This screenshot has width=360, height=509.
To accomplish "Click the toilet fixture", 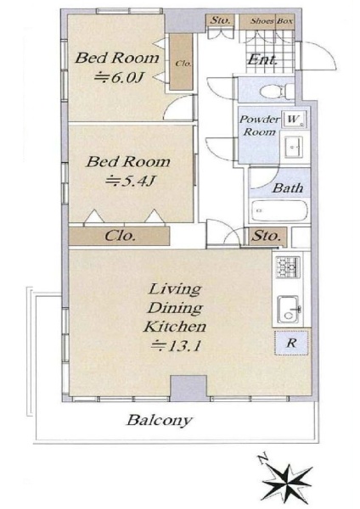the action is (x=277, y=91).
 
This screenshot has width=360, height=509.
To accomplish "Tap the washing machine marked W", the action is (x=294, y=120).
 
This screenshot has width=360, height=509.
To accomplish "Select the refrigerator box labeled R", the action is (x=291, y=343).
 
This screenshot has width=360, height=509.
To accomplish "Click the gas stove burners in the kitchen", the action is (x=288, y=267).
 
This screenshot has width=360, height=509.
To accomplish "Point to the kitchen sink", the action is (x=289, y=309).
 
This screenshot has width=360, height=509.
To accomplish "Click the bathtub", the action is (x=279, y=210).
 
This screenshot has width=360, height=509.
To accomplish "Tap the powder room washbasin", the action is (x=294, y=147).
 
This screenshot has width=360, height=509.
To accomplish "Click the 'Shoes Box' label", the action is (x=272, y=21).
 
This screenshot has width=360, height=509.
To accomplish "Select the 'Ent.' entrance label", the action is (x=263, y=60).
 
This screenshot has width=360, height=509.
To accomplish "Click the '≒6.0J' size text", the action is (x=119, y=77).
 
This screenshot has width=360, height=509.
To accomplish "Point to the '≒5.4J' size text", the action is (x=129, y=181).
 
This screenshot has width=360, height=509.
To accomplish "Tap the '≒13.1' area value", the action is (x=177, y=345).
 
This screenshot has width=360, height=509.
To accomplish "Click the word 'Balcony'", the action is (x=160, y=421).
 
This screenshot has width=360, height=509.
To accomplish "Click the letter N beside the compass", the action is (x=263, y=459).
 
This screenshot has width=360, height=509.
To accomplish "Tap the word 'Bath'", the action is (x=288, y=187).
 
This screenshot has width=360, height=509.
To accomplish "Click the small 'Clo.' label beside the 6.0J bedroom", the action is (x=183, y=64).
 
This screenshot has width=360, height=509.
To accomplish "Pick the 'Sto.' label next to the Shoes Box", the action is (x=221, y=20).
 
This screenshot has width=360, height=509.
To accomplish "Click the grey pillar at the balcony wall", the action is (x=188, y=388).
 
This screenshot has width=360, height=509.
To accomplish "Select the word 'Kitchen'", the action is (x=175, y=327).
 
